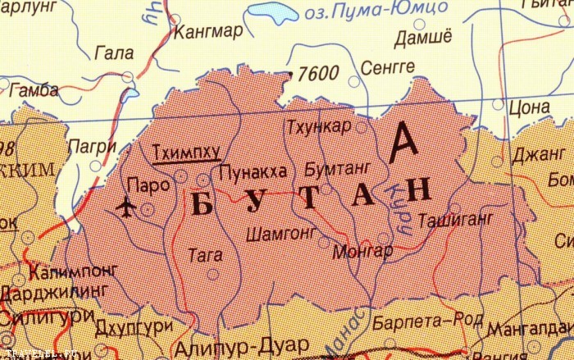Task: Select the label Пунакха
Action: [x=253, y=172]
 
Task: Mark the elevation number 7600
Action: [x=319, y=74]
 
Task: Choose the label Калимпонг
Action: [x=68, y=271]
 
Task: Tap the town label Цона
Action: [x=529, y=107]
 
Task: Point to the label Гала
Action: [x=114, y=54]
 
